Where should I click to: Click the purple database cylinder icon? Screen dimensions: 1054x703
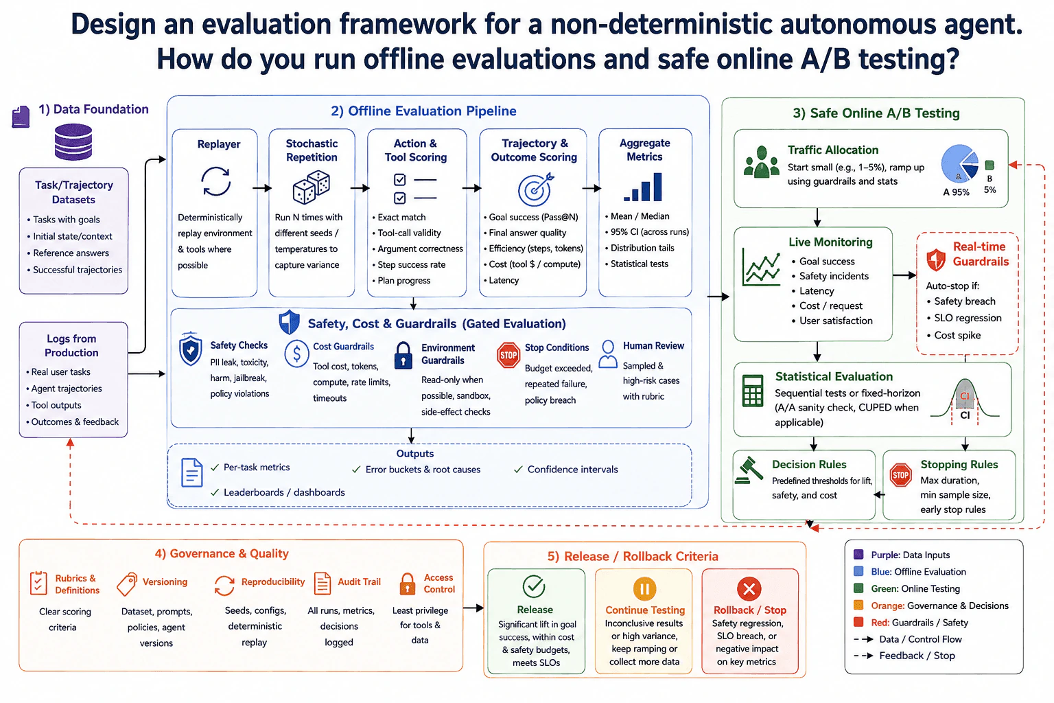73,141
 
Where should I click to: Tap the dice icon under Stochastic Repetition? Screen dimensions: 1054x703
311,187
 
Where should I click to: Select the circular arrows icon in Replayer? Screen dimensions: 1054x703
216,181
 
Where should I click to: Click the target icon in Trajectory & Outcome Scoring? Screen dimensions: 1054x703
535,189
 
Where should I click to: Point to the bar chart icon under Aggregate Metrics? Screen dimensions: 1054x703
643,187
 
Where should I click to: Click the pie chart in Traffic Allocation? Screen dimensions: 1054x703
960,163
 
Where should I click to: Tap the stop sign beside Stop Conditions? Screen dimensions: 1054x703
508,355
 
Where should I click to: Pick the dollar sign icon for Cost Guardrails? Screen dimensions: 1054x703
296,354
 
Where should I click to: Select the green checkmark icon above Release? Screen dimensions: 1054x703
534,586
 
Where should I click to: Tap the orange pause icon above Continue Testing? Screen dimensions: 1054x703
644,588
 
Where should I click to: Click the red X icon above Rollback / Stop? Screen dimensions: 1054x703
749,588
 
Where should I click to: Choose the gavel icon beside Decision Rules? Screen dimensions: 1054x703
749,470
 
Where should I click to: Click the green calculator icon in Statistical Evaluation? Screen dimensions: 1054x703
752,391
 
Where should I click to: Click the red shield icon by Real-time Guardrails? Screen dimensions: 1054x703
935,260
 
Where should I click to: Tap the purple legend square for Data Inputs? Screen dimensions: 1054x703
858,554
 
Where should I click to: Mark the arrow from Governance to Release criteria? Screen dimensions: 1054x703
473,608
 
